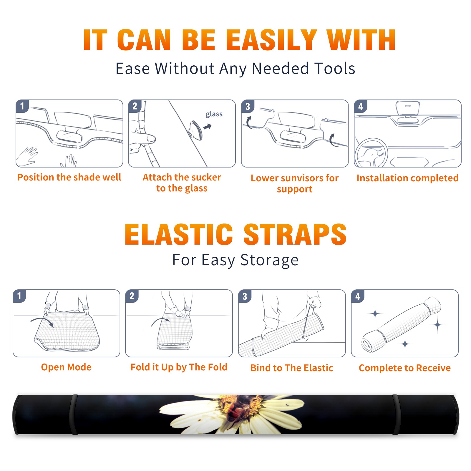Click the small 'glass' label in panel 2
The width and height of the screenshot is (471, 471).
[x=214, y=114]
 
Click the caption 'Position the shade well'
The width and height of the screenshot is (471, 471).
[x=69, y=177]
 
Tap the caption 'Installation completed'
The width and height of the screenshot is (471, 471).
[x=407, y=178]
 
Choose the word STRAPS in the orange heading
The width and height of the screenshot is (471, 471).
[x=295, y=234]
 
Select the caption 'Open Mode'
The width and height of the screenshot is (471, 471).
[x=66, y=367]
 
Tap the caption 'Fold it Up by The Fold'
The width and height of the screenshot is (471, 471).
[x=179, y=367]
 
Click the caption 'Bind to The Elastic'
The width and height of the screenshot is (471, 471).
[x=292, y=368]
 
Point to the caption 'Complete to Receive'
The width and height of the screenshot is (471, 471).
[x=405, y=368]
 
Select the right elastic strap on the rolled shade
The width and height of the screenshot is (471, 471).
[x=396, y=414]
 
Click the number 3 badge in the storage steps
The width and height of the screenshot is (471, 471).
[x=245, y=296]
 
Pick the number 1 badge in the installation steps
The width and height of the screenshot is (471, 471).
[x=22, y=106]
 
